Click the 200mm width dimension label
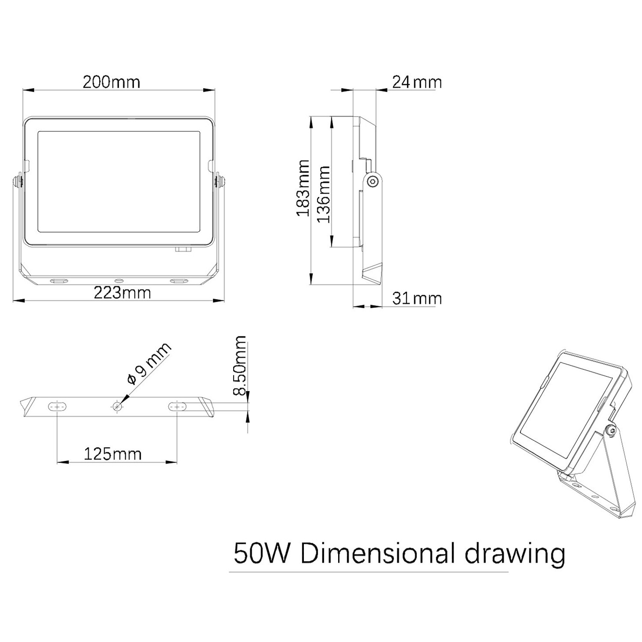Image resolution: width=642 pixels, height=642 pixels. (x=111, y=82)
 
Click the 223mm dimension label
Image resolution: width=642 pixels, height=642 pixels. (x=122, y=293)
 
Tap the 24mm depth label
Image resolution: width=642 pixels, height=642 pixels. (x=417, y=82)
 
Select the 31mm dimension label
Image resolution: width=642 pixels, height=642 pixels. (x=417, y=298)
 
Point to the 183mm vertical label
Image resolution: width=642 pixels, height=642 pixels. (x=303, y=188)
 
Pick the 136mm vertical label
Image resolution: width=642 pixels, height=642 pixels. (x=323, y=194)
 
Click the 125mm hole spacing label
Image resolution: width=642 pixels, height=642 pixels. (x=113, y=454)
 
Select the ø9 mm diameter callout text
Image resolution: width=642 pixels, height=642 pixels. (x=149, y=363)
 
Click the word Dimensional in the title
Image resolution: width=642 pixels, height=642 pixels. (x=377, y=553)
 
